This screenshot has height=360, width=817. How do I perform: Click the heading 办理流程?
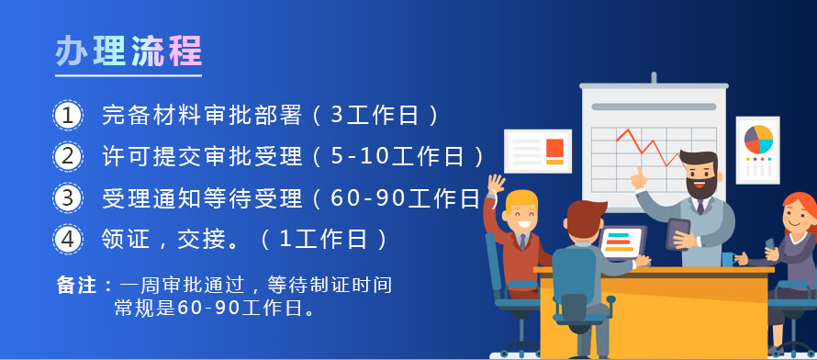(x=129, y=51)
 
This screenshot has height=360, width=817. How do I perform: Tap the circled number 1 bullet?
(x=68, y=115)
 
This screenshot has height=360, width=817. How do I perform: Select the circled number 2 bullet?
(x=68, y=156)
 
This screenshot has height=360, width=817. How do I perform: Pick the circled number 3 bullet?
(x=68, y=198)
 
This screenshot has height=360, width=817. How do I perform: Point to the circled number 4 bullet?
(x=68, y=240)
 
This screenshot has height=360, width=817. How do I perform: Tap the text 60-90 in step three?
(x=368, y=198)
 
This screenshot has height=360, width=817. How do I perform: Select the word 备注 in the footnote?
(x=76, y=286)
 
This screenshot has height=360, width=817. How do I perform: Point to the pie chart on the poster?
(x=758, y=139)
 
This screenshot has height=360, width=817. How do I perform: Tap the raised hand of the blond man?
(x=496, y=185)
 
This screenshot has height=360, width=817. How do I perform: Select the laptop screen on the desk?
(x=621, y=242)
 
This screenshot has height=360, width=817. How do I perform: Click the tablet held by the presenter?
(x=678, y=233)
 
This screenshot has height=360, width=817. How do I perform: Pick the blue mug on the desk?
(x=728, y=259)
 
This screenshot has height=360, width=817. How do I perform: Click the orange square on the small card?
(x=554, y=147)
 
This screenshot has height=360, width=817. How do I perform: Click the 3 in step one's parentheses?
(x=336, y=115)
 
